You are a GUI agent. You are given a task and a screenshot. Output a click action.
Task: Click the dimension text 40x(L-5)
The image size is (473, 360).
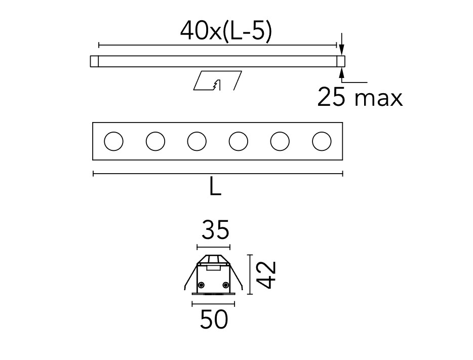[x=226, y=32]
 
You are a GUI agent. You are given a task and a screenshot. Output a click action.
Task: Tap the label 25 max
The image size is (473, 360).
[x=360, y=97]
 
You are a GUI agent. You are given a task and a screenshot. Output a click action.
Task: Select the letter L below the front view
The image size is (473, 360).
[x=215, y=188]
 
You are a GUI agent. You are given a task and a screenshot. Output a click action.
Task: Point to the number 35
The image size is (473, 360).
[x=215, y=231]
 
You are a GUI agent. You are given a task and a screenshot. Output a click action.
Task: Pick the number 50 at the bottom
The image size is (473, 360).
[x=213, y=320]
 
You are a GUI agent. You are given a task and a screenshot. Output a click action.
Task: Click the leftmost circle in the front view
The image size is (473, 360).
[x=113, y=141]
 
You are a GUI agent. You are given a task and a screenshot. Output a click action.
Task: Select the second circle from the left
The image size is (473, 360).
[x=155, y=141]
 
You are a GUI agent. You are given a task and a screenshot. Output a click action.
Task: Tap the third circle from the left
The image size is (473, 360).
[x=196, y=141]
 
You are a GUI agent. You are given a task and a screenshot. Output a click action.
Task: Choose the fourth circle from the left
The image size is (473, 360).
[x=238, y=141]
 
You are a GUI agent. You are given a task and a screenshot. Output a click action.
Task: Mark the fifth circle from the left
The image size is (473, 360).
[x=280, y=141]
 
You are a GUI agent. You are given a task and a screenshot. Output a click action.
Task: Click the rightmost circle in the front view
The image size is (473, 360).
[x=321, y=141]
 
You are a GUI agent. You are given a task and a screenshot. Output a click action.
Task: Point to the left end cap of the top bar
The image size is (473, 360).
[x=94, y=61]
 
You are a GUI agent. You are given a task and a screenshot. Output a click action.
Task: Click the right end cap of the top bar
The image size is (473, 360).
[x=341, y=61]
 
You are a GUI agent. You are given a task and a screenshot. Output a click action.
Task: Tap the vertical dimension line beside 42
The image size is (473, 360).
[x=250, y=274]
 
